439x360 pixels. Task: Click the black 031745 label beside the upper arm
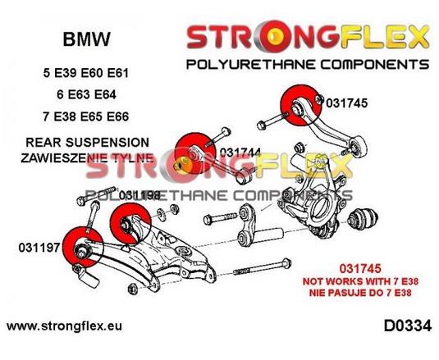click(x=346, y=103)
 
